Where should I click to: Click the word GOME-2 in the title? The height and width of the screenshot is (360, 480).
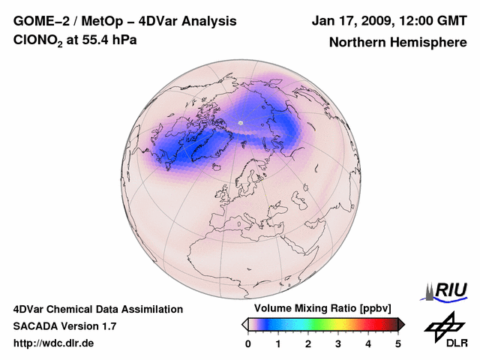click(40, 21)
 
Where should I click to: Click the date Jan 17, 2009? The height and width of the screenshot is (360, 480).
click(350, 21)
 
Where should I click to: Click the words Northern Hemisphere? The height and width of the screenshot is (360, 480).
click(397, 43)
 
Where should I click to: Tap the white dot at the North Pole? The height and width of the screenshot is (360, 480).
click(240, 121)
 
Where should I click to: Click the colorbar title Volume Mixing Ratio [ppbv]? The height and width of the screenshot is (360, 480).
click(322, 309)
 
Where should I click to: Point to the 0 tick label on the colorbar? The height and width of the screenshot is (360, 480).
click(248, 343)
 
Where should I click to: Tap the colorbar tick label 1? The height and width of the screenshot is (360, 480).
click(278, 343)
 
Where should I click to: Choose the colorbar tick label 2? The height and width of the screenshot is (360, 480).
click(308, 343)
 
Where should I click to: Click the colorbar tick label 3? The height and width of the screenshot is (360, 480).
click(338, 343)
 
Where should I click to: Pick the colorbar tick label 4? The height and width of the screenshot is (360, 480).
click(368, 343)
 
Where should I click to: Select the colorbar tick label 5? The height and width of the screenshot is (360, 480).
click(398, 343)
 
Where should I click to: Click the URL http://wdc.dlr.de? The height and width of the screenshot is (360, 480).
click(54, 343)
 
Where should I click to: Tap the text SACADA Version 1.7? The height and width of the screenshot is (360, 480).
click(64, 326)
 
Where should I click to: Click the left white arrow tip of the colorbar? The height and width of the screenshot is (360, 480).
click(244, 324)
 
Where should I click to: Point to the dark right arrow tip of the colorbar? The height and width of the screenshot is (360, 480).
click(402, 324)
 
